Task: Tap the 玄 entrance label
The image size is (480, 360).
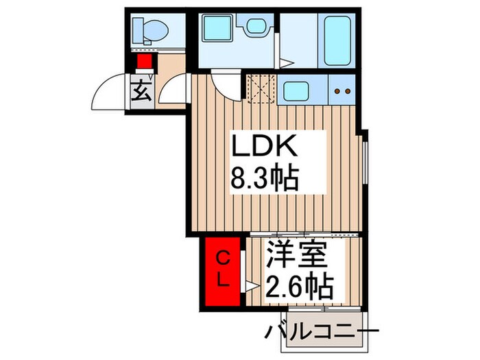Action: click(140, 90)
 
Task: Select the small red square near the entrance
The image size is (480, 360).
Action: click(144, 62)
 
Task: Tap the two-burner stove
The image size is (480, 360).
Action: click(342, 91)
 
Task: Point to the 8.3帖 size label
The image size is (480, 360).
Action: click(264, 180)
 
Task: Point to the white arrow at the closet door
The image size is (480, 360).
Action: click(251, 285)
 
